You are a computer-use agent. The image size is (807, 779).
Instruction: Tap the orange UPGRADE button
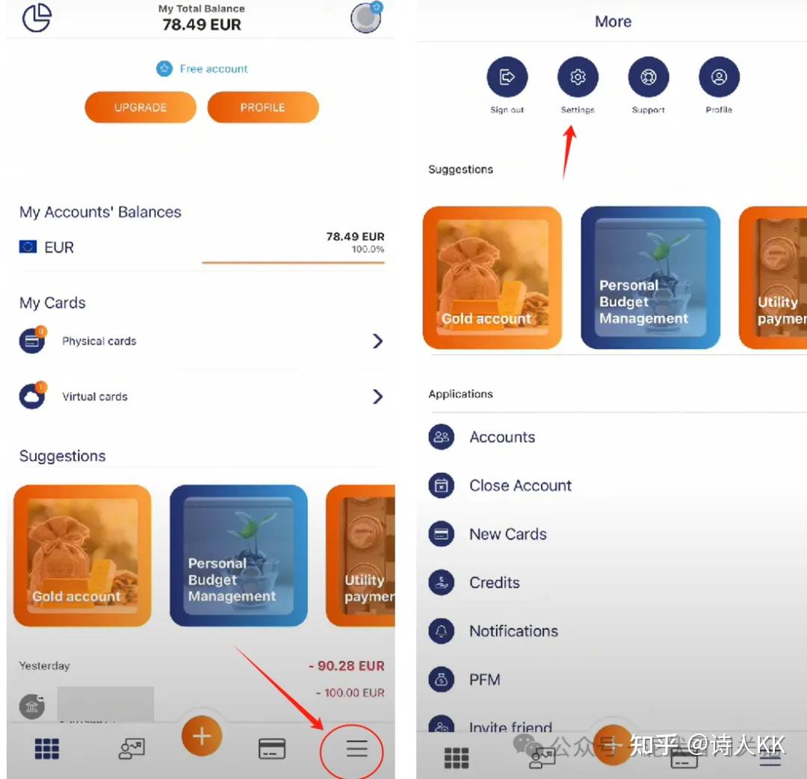click(x=140, y=108)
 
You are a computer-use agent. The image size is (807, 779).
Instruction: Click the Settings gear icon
click(x=578, y=77)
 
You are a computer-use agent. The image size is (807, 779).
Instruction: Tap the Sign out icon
click(x=507, y=77)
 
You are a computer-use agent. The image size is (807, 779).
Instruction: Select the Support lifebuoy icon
click(x=648, y=77)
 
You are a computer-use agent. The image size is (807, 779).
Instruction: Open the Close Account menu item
click(x=520, y=485)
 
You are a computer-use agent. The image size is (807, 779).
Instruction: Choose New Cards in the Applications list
click(x=507, y=534)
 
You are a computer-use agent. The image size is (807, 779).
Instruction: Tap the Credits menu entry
click(x=494, y=583)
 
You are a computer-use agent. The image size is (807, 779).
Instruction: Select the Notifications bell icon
click(x=442, y=632)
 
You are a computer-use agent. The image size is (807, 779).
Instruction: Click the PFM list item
click(x=484, y=680)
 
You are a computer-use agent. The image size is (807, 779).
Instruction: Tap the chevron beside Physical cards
click(x=377, y=341)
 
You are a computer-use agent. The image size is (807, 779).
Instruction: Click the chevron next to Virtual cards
click(x=377, y=397)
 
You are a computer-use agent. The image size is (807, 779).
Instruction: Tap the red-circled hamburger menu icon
click(x=356, y=748)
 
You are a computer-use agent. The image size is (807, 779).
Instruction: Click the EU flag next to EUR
click(x=28, y=247)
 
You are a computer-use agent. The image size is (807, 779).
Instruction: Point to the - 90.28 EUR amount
click(x=347, y=665)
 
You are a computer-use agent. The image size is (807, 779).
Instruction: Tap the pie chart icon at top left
click(x=37, y=18)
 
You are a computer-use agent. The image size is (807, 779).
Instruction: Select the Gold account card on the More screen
click(x=492, y=278)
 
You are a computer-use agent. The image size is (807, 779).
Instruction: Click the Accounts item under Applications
click(x=501, y=437)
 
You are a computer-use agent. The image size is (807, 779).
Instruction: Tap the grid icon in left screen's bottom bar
click(x=47, y=748)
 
